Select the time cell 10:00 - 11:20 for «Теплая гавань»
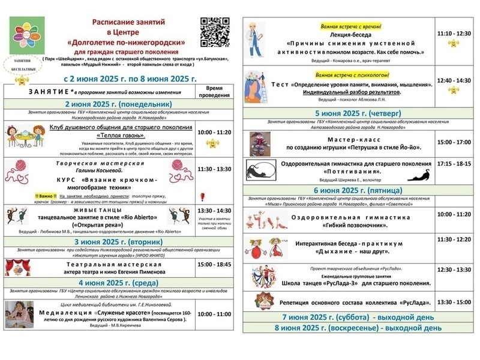pyautogui.click(x=214, y=132)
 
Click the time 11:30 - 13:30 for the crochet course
pyautogui.click(x=214, y=169)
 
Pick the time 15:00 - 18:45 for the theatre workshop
pyautogui.click(x=214, y=263)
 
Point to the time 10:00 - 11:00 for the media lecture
pyautogui.click(x=214, y=313)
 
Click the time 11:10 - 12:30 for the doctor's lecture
pyautogui.click(x=454, y=34)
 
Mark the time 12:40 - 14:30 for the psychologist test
pyautogui.click(x=454, y=80)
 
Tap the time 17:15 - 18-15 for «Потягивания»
pyautogui.click(x=454, y=163)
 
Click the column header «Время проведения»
pyautogui.click(x=214, y=91)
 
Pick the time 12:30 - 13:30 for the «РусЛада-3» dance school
pyautogui.click(x=454, y=271)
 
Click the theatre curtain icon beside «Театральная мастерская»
pyautogui.click(x=14, y=266)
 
